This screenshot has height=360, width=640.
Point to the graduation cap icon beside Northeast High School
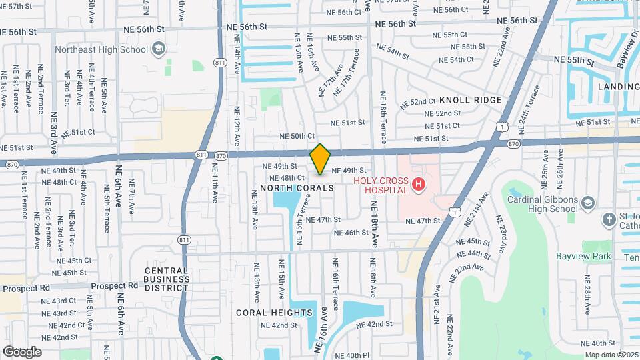pyautogui.click(x=159, y=49)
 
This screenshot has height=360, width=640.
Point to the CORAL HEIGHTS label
pyautogui.click(x=274, y=312)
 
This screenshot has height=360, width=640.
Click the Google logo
pyautogui.click(x=22, y=351)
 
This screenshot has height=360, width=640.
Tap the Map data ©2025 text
pyautogui.click(x=612, y=354)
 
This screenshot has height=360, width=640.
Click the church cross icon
pyautogui.click(x=608, y=219)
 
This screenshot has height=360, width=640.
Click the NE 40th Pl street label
pyautogui.click(x=352, y=355)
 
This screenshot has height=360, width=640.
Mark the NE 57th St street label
pyautogui.click(x=17, y=6)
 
